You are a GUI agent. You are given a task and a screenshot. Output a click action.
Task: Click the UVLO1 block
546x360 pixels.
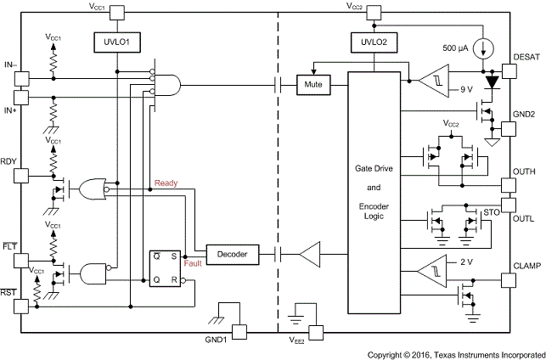(115, 41)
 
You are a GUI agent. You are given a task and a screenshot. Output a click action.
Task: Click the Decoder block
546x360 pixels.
(232, 254)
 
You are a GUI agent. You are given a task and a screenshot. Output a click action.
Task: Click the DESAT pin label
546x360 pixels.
(526, 58)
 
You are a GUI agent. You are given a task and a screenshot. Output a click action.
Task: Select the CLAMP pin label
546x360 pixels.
(526, 265)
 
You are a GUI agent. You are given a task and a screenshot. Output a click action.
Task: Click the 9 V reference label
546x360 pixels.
(464, 88)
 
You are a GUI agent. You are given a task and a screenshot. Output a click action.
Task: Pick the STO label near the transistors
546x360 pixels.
(491, 212)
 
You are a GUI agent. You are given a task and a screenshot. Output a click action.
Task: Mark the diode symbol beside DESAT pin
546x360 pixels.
(490, 83)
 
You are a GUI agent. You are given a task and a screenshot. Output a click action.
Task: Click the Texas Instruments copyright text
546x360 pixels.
(455, 353)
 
